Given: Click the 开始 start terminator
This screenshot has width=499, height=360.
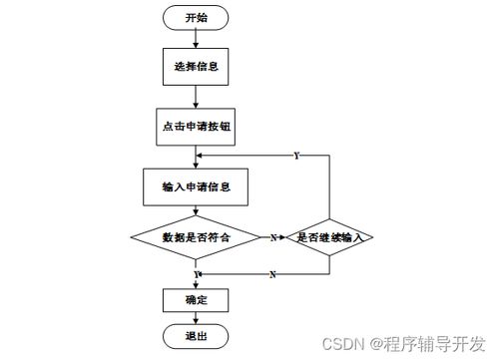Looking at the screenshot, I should pos(196,19).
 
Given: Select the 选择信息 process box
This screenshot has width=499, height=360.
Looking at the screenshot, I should pos(196,68).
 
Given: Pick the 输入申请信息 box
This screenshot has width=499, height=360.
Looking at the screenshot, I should pos(196,186).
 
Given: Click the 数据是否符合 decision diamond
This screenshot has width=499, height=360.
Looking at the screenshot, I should pos(196,237).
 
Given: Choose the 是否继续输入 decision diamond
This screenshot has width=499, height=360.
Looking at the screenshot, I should pos(329,237).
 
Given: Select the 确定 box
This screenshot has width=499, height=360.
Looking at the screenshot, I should pos(196,299).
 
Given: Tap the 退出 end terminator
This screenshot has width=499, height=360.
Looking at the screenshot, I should pos(196,336).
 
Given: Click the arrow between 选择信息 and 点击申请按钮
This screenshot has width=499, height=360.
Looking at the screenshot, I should pos(196,97).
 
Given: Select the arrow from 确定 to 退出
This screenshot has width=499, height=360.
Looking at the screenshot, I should pos(196,318).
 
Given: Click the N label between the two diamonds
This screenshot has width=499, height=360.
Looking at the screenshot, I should pos(272,238).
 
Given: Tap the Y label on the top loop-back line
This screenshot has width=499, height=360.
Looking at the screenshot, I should pos(296,157).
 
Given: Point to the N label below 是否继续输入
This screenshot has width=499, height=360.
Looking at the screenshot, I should pos(272,274).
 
